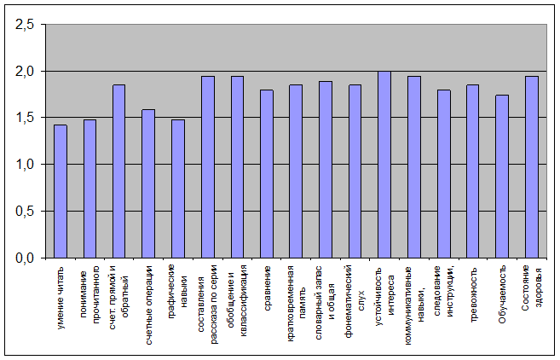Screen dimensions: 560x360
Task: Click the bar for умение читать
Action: pos(61,191)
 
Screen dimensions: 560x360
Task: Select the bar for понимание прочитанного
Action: pos(90,189)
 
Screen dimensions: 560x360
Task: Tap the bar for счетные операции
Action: pos(148,183)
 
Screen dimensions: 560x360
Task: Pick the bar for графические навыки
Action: pos(178,189)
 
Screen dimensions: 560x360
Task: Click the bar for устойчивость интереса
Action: pos(384,165)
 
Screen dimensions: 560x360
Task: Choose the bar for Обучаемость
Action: pos(502,177)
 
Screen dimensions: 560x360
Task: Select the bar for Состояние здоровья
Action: pos(532,167)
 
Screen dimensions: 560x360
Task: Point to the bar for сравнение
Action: pos(267,174)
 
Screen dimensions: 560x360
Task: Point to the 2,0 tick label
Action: pos(25,72)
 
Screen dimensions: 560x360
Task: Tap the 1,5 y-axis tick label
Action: pos(25,118)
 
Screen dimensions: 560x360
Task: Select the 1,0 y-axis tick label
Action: pos(25,165)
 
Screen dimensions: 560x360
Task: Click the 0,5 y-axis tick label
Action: pos(25,212)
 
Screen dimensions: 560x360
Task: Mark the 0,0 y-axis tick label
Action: pos(25,258)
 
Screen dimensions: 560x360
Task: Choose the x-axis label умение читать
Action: pos(61,298)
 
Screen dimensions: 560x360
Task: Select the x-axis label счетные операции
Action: pos(149,305)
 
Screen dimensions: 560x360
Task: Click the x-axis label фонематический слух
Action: pos(355,301)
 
